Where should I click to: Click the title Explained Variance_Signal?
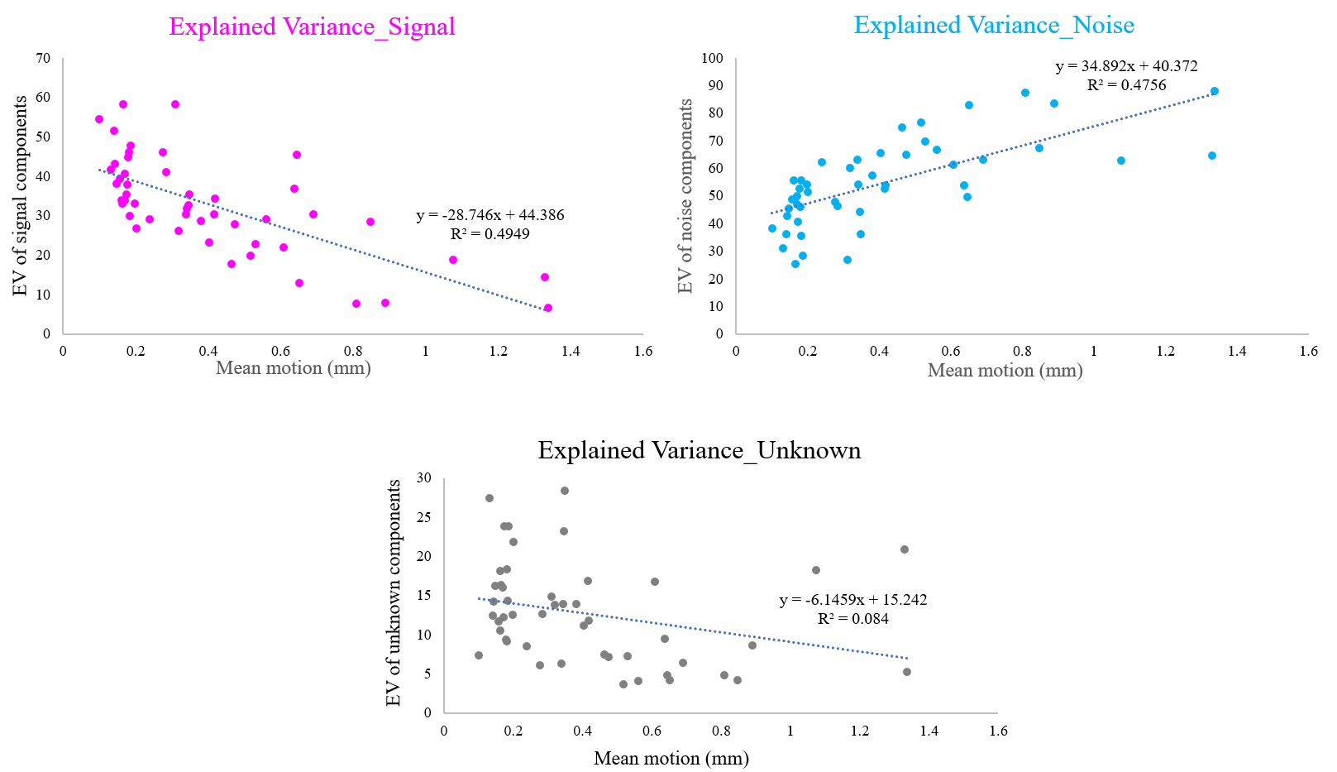click(x=312, y=26)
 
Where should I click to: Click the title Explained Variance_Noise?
click(x=994, y=25)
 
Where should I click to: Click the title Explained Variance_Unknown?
click(x=699, y=450)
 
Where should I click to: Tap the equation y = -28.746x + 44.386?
click(x=490, y=215)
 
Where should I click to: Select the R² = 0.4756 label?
click(x=1126, y=85)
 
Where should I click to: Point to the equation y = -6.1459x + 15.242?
click(x=852, y=600)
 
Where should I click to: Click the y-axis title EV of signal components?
click(x=21, y=196)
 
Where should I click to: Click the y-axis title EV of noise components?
click(x=685, y=196)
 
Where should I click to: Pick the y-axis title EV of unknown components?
click(x=394, y=592)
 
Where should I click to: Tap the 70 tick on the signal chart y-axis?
click(x=43, y=59)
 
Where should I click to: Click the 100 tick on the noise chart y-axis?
click(x=712, y=59)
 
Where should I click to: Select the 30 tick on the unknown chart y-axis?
click(x=424, y=478)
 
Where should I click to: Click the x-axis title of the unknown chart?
click(x=671, y=758)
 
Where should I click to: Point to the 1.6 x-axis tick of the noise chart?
click(x=1308, y=351)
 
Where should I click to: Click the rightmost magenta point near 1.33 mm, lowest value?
click(x=548, y=308)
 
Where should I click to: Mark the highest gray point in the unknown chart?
click(x=565, y=491)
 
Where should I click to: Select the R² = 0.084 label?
click(x=853, y=619)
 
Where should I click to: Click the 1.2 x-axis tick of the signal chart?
click(x=499, y=351)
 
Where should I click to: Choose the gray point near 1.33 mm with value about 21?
click(x=905, y=549)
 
